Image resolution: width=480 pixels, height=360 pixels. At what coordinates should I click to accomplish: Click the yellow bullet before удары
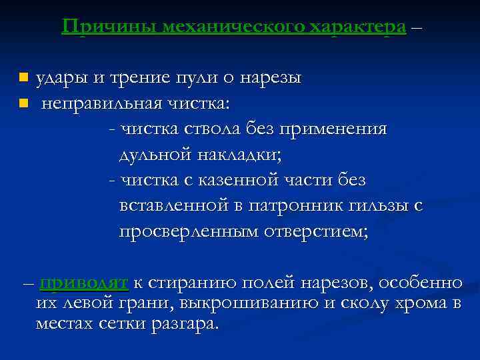point(24,78)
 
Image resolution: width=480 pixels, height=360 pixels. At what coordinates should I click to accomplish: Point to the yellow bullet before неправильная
point(24,103)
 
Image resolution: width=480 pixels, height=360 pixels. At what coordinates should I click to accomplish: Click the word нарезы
point(271,79)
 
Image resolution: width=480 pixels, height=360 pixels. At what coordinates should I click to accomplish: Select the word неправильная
point(110,104)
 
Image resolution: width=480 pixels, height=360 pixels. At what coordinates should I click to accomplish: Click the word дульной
point(155,155)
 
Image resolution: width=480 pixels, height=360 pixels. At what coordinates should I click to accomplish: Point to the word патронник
point(287,206)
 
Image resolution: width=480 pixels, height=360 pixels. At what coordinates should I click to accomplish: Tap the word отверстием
point(316,231)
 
